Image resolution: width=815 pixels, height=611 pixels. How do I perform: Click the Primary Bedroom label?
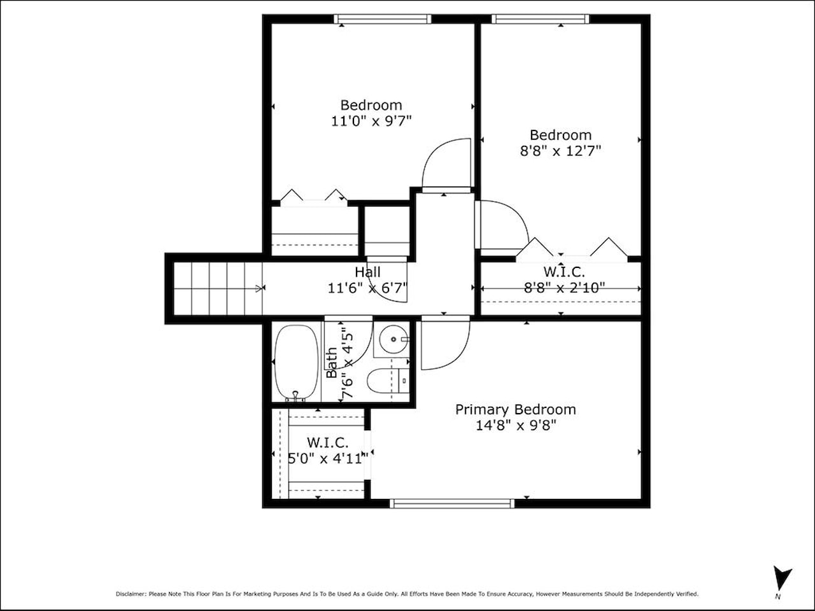coord(515,410)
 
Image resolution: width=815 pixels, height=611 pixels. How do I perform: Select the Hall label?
coord(367,272)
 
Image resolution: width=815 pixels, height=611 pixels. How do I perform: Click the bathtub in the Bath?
coord(296,363)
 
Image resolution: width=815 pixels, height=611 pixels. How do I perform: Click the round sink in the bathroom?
coord(393,339)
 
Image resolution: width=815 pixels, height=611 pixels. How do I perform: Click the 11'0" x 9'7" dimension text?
coord(371,121)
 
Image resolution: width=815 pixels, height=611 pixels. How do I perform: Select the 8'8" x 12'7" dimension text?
coord(560,151)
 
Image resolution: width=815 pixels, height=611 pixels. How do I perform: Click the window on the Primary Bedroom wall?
coord(452,503)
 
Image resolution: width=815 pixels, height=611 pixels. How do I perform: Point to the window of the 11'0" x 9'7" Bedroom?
coord(383,19)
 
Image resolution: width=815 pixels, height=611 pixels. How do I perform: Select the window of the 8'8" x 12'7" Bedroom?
coord(541,19)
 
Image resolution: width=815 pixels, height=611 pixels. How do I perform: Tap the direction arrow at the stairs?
coord(259,288)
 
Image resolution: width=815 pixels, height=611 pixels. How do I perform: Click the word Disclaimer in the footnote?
coord(131,594)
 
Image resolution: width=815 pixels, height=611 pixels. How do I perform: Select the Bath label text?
coord(332,362)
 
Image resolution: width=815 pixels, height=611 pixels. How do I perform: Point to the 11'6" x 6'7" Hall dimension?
coord(367,288)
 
